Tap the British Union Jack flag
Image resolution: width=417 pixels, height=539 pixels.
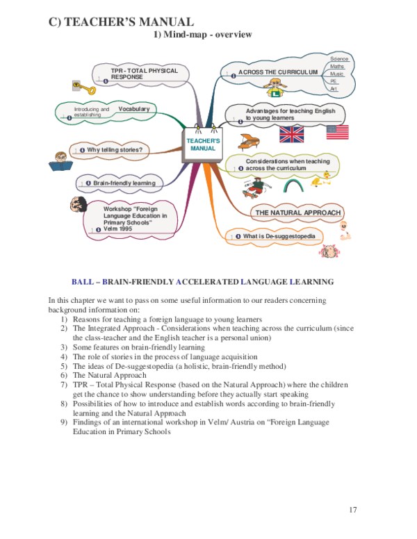292,134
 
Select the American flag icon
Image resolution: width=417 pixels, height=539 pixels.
338,133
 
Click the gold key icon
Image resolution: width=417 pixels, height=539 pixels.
85,88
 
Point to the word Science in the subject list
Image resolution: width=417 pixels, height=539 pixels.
339,59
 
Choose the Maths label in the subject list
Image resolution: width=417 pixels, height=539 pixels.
336,67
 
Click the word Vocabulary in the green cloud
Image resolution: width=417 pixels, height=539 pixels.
133,109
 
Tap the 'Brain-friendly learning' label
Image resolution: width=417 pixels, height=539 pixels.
124,183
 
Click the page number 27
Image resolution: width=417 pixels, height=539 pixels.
352,511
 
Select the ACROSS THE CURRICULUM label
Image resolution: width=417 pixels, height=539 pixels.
278,72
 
